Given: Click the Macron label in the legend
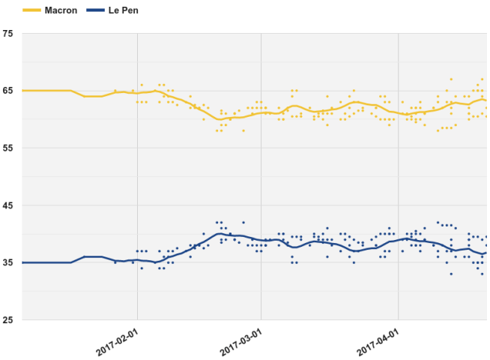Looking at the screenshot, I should point(61,10).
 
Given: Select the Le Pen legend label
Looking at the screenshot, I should point(123,10).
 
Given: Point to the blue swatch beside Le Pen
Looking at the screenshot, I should point(94,10).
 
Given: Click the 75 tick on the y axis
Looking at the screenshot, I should point(7,34).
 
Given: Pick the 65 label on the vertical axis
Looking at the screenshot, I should point(7,91).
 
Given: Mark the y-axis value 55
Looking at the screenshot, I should point(7,148).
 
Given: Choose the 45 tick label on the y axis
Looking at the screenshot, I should point(7,205).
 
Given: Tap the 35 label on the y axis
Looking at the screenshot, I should point(7,262).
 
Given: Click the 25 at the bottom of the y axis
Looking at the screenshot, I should point(7,320).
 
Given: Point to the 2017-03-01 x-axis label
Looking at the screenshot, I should point(241,341).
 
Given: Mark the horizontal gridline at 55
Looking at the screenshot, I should point(75,148).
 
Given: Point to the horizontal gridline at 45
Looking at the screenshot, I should point(75,205).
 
